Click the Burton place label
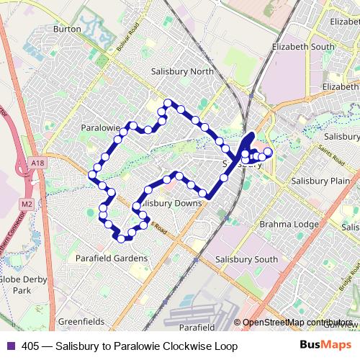pyautogui.click(x=67, y=30)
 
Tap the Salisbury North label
pyautogui.click(x=183, y=71)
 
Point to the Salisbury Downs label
pyautogui.click(x=171, y=203)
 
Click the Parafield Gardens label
pyautogui.click(x=112, y=257)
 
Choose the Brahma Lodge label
pyautogui.click(x=289, y=224)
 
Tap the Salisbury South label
pyautogui.click(x=246, y=259)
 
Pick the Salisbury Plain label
pyautogui.click(x=315, y=182)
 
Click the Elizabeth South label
pyautogui.click(x=303, y=46)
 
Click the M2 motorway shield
pyautogui.click(x=27, y=204)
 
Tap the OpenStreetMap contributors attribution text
pyautogui.click(x=298, y=322)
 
